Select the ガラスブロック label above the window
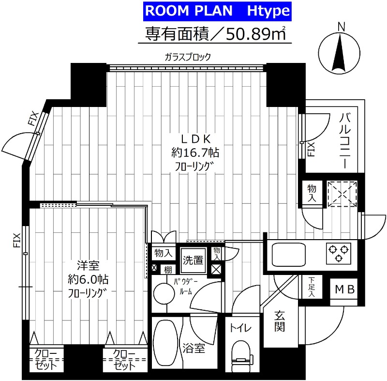click(x=188, y=57)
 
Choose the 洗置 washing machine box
click(x=193, y=260)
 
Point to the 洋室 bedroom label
click(x=88, y=266)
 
